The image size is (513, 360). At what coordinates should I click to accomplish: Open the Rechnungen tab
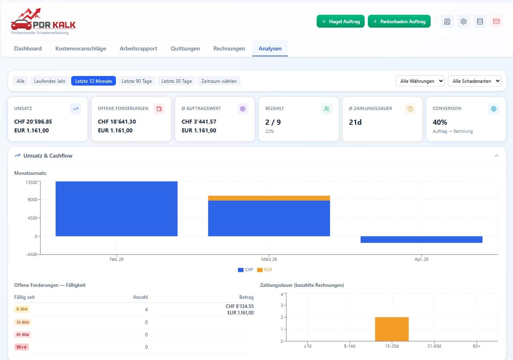point(229,48)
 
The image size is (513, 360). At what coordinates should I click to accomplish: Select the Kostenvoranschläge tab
point(81,48)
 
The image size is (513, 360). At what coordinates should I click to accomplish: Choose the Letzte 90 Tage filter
point(137,81)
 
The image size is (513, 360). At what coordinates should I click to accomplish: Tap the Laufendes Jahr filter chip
point(50,81)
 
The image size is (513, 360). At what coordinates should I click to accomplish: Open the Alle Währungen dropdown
point(420,81)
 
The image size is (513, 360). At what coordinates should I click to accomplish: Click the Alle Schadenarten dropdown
point(475,81)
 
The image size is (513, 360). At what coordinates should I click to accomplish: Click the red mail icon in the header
point(496,22)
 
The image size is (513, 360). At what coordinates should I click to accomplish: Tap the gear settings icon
point(463,22)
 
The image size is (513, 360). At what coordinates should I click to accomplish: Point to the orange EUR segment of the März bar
point(269,198)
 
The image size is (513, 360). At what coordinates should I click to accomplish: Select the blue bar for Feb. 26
point(116,208)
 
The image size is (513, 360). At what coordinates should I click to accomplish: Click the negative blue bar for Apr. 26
point(421,240)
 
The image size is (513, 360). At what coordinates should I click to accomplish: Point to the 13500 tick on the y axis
point(31,182)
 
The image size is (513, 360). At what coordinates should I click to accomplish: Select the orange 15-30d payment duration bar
point(392,329)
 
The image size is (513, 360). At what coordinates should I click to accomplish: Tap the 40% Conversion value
point(440,122)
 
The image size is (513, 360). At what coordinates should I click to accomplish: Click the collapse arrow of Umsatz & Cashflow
point(497,156)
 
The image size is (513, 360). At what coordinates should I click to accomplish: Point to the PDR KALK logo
point(43,22)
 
